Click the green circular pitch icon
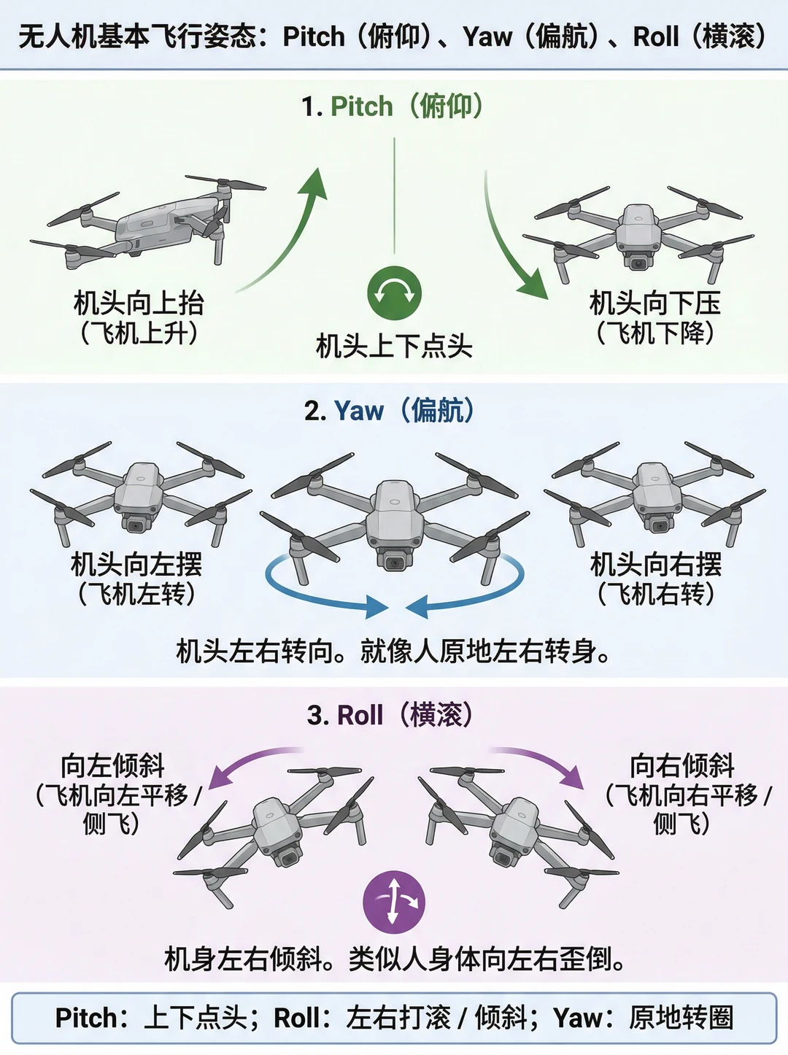(x=395, y=293)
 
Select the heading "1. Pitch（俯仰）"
(x=393, y=107)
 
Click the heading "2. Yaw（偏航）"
(x=390, y=411)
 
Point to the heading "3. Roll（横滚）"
(x=390, y=715)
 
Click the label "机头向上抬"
(x=139, y=303)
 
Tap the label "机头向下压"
(x=655, y=303)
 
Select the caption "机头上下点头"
(x=394, y=346)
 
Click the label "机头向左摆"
(x=136, y=564)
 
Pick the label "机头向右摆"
(x=656, y=564)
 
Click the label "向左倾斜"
(x=113, y=766)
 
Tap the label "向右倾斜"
(x=682, y=766)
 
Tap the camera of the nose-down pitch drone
(x=638, y=263)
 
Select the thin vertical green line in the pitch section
(x=395, y=196)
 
